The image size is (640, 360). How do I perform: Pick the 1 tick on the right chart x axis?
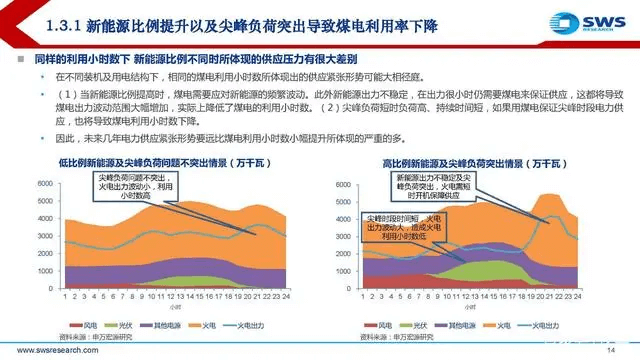[x=361, y=297]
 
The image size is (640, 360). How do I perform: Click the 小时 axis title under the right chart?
[x=470, y=308]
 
